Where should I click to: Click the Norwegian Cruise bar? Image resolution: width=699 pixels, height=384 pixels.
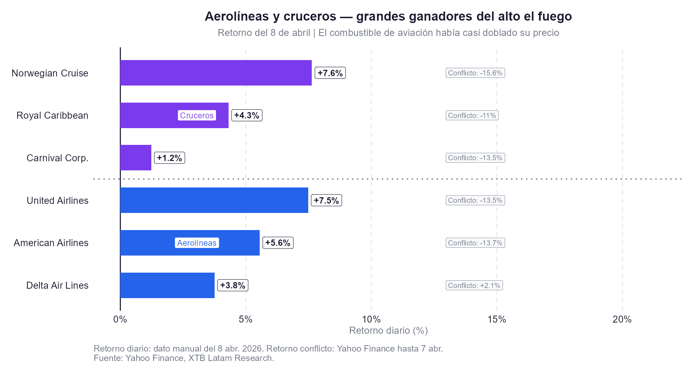pos(216,73)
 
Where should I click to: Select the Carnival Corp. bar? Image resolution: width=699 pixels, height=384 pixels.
pos(136,158)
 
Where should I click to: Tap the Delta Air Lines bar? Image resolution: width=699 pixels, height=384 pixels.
pos(167,285)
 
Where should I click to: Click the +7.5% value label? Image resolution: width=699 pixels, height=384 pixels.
pos(326,200)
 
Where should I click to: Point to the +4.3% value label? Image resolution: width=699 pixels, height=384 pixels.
pos(247,116)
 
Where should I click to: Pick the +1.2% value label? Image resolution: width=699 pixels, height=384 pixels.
pos(170,158)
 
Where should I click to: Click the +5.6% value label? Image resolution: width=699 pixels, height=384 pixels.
pos(278,243)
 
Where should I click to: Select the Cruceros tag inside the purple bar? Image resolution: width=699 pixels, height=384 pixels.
pos(197,116)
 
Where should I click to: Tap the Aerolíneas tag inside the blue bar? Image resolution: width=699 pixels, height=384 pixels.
pos(197,243)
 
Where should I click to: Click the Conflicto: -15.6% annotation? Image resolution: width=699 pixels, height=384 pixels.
pos(475,73)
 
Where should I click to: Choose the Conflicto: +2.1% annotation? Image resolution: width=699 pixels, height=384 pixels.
pos(474,286)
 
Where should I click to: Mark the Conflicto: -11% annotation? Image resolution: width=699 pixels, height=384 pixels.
pos(472,116)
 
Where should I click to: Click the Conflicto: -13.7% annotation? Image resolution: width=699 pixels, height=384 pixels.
pos(475,243)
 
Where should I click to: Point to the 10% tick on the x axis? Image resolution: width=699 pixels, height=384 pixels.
pos(371,319)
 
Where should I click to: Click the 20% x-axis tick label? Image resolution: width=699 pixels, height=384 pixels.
pos(622,319)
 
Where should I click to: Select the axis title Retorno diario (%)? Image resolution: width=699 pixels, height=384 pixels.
pos(388,331)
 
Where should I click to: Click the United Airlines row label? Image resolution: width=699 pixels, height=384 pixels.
pos(58,200)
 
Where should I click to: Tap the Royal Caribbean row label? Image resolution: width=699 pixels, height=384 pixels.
pos(52,116)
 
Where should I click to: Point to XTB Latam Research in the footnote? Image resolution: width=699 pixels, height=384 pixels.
pos(231,358)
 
